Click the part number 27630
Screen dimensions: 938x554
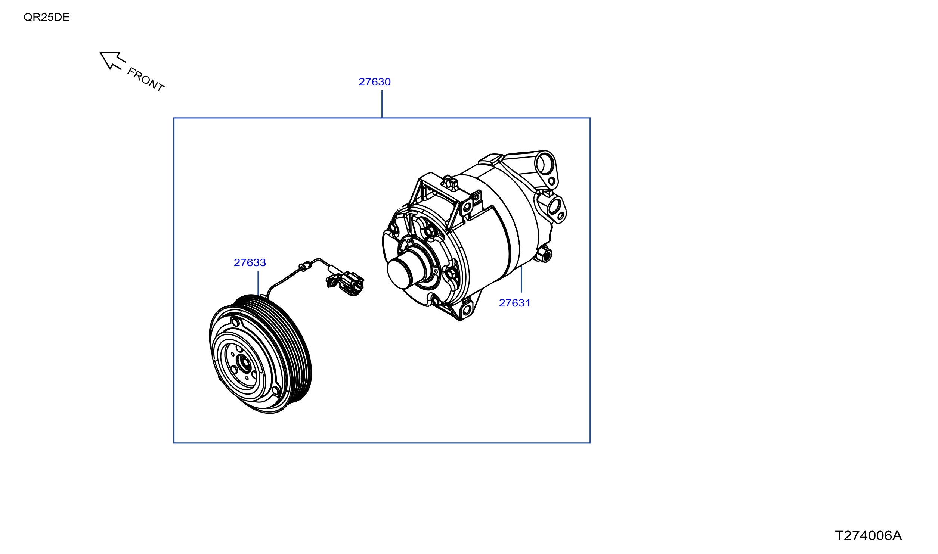click(374, 82)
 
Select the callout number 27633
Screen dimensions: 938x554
click(250, 262)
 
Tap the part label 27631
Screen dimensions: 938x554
click(514, 303)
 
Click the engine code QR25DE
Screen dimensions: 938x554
click(46, 17)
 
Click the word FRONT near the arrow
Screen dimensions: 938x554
click(146, 80)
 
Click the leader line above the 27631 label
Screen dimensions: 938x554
click(521, 279)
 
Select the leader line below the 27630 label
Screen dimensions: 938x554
click(382, 104)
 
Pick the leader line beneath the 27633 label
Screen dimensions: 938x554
click(258, 283)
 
